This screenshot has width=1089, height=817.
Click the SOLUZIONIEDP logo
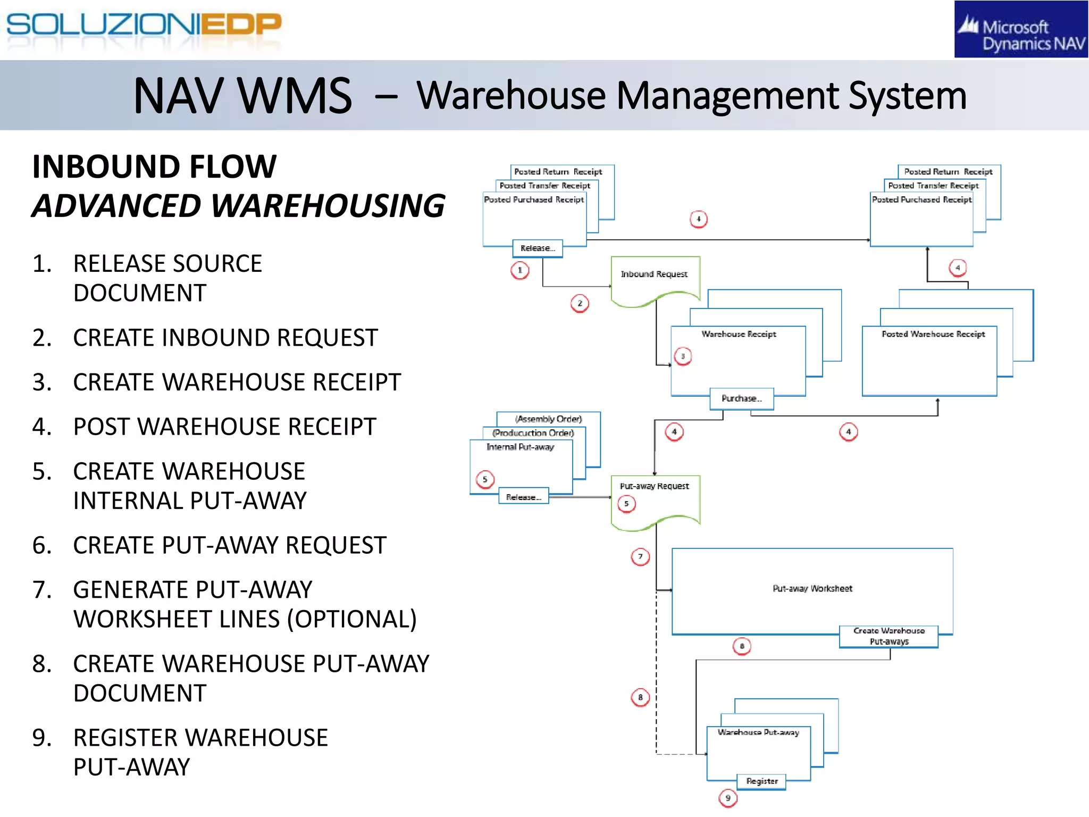point(144,25)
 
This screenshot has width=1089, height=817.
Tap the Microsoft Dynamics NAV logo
point(1020,30)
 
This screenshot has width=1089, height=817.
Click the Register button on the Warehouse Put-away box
point(761,781)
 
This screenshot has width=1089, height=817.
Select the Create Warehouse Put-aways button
point(889,636)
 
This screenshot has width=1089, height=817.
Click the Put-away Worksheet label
point(812,589)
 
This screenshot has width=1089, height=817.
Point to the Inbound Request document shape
point(655,280)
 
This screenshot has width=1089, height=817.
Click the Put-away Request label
point(654,486)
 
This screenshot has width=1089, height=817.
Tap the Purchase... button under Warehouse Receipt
point(741,398)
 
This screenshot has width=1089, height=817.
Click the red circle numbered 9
point(728,798)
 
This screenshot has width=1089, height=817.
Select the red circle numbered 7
point(640,557)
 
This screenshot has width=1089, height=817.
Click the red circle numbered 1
point(520,270)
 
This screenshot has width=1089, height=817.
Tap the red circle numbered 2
point(580,303)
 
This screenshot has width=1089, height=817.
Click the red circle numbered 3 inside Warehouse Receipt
point(683,356)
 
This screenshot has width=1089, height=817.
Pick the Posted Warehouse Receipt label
point(933,334)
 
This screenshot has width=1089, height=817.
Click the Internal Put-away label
point(520,447)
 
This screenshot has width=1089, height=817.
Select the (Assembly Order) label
point(548,419)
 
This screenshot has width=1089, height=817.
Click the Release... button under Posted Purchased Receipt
point(538,248)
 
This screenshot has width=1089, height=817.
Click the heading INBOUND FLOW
point(154,166)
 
